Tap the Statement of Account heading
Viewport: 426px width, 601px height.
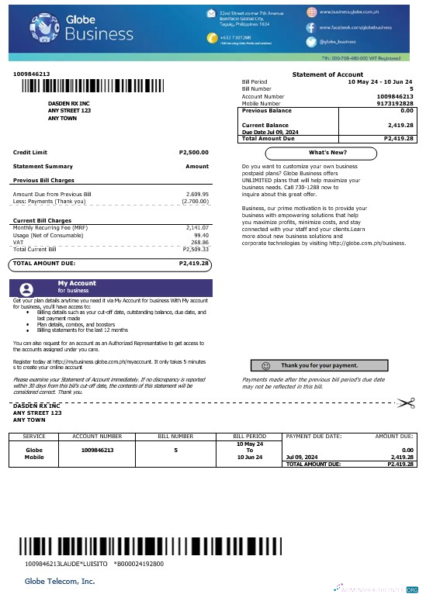click(328, 74)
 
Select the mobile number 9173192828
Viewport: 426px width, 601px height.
click(395, 102)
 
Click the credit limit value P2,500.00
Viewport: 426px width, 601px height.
click(193, 152)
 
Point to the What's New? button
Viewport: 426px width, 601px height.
click(328, 152)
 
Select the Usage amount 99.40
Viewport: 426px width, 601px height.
click(200, 234)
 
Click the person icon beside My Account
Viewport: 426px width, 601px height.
click(27, 288)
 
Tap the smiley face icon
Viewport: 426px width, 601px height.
click(265, 364)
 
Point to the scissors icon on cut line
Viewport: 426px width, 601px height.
click(405, 402)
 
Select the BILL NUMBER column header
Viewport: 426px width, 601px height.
click(176, 437)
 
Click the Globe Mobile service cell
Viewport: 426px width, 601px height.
click(34, 453)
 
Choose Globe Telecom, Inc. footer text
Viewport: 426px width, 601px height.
click(60, 580)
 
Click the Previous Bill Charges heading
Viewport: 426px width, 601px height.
click(48, 180)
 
